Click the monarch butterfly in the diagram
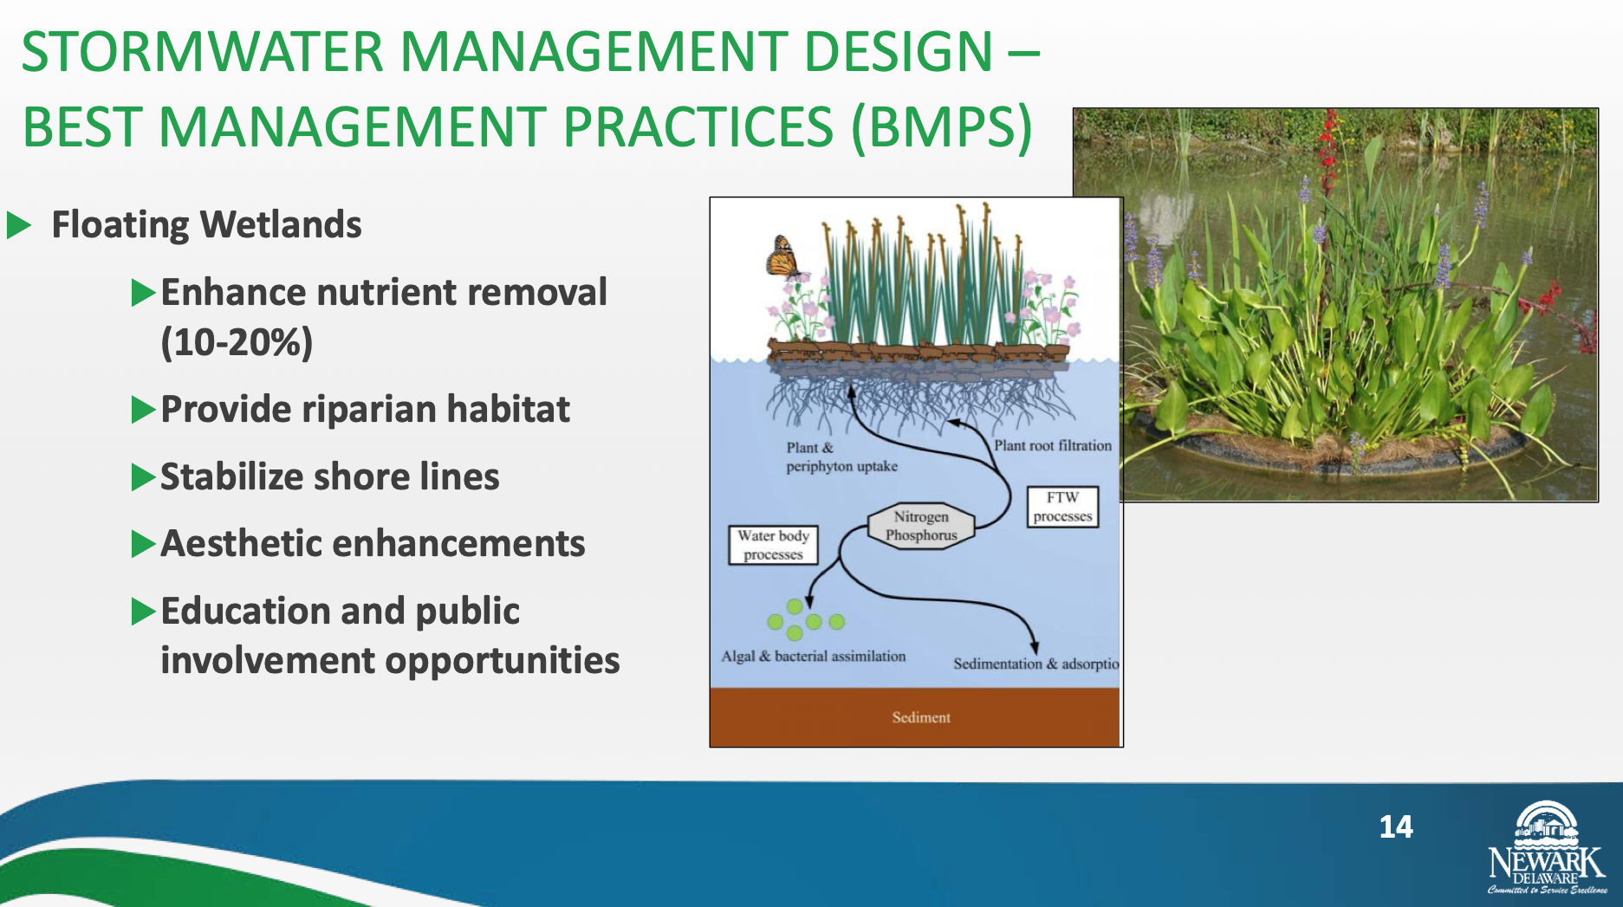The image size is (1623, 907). (x=782, y=257)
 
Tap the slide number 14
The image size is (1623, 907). (x=1395, y=826)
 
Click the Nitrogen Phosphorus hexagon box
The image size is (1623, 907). (x=921, y=526)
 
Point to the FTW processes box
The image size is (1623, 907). (x=1062, y=507)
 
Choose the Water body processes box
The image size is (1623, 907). (x=773, y=545)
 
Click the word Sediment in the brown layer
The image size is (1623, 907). (x=921, y=717)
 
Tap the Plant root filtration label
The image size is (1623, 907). (x=1052, y=445)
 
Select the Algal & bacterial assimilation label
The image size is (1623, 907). (x=814, y=656)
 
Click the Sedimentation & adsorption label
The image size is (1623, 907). (x=1036, y=664)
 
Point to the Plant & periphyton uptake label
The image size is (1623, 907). (x=841, y=457)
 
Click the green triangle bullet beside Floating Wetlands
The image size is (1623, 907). (x=18, y=225)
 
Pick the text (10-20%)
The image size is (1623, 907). (x=237, y=342)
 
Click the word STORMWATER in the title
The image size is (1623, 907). (x=202, y=52)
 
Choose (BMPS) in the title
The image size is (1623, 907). (x=942, y=127)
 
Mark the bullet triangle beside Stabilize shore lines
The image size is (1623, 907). (x=143, y=477)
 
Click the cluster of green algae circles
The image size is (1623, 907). (x=805, y=619)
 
